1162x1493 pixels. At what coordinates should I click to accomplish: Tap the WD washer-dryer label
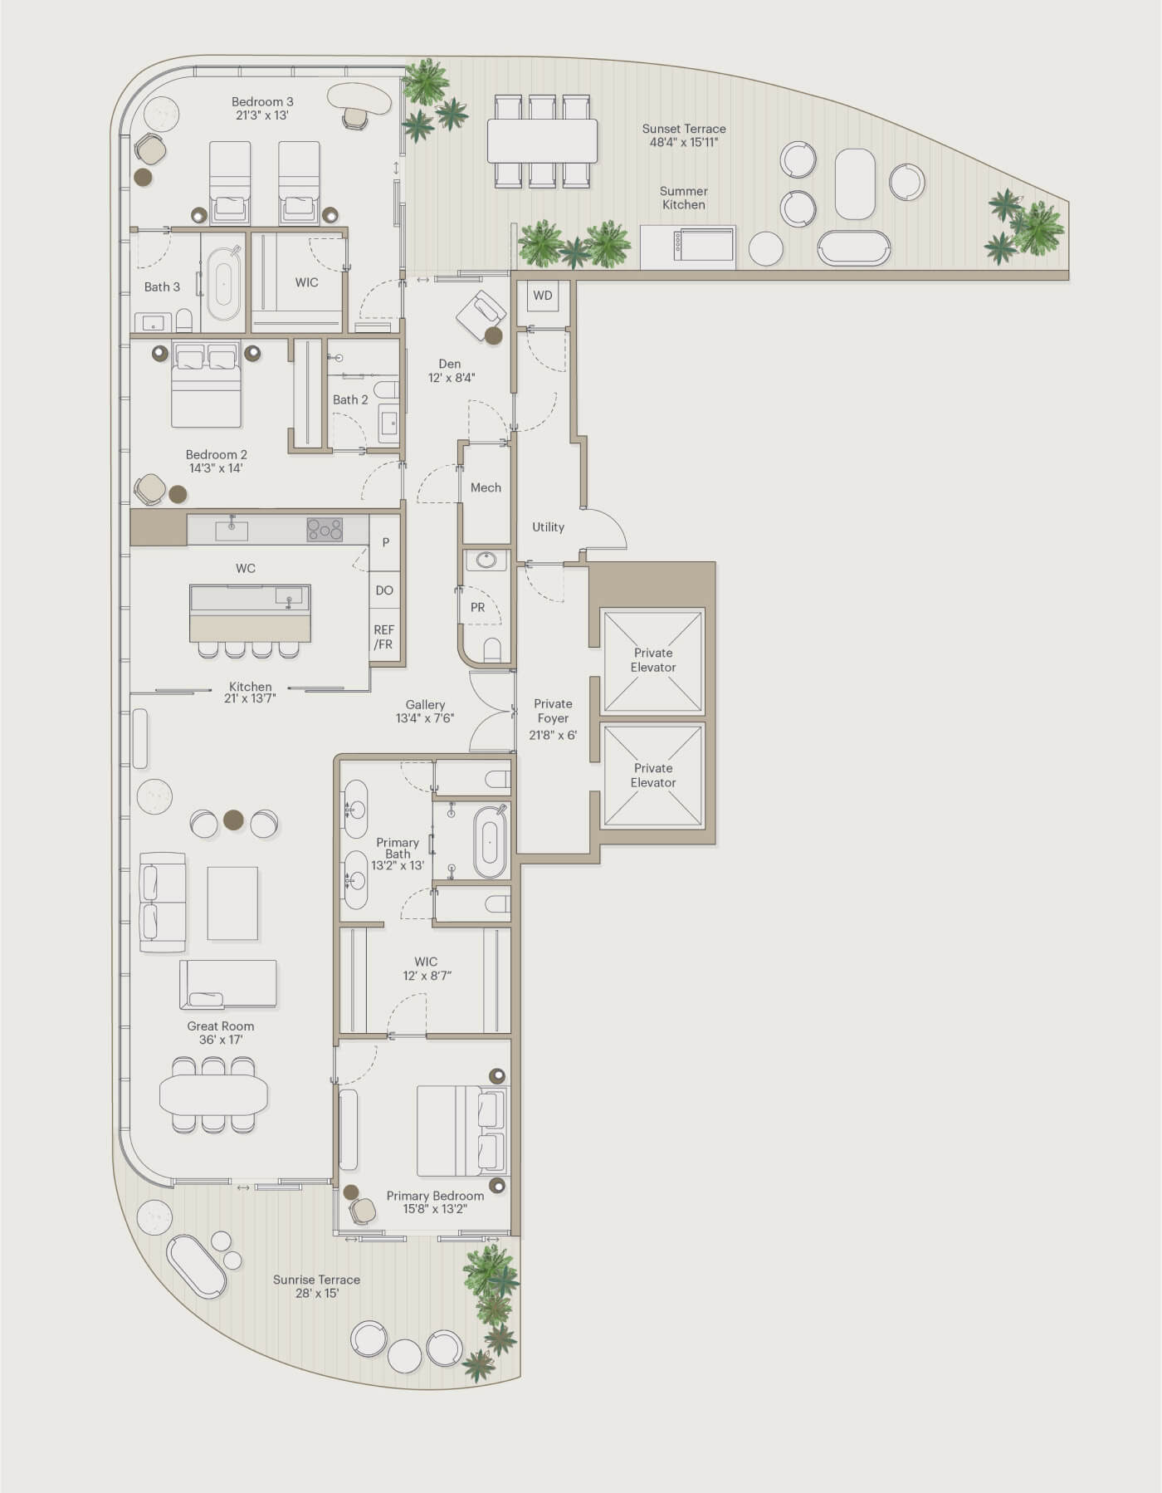click(543, 296)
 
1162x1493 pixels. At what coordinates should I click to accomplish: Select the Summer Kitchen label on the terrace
click(684, 198)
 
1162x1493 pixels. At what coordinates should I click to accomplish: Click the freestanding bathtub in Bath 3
click(223, 284)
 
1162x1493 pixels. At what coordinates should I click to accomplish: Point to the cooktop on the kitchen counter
click(325, 529)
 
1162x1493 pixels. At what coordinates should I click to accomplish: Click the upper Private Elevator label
click(653, 660)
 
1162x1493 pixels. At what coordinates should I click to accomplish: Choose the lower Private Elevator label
click(653, 776)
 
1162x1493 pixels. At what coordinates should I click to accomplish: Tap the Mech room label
click(486, 487)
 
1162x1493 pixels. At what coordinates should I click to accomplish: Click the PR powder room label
click(477, 607)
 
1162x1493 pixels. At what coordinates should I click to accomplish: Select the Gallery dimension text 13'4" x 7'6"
click(425, 718)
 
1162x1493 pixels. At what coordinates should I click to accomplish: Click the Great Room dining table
click(213, 1094)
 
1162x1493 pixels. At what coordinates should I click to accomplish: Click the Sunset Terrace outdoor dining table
click(542, 141)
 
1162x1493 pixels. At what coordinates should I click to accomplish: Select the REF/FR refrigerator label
click(383, 637)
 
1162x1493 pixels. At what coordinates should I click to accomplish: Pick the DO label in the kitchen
click(384, 590)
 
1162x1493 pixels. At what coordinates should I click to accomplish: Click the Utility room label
click(548, 526)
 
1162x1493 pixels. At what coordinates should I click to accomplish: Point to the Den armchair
click(481, 316)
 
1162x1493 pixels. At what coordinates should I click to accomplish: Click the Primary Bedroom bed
click(461, 1130)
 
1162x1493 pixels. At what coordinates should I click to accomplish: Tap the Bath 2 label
click(350, 399)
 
